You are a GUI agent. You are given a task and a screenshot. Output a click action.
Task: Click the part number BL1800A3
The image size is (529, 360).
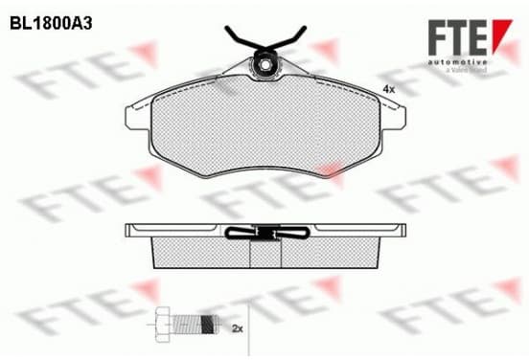[x=51, y=24]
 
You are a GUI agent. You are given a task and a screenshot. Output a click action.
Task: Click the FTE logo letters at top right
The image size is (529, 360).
[x=458, y=37]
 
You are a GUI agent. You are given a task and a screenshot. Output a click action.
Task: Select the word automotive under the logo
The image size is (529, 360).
[x=458, y=62]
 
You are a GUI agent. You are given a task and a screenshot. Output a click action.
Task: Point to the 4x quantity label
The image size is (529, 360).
[x=389, y=90]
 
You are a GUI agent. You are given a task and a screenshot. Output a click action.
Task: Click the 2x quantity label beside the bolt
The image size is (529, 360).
[x=238, y=328]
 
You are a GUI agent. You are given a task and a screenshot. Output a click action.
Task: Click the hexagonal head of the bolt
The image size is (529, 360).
[x=163, y=325]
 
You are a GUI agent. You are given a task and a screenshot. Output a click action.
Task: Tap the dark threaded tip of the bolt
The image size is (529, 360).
[x=209, y=325]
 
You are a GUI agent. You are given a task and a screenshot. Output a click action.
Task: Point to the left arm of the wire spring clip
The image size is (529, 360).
[x=243, y=38]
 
